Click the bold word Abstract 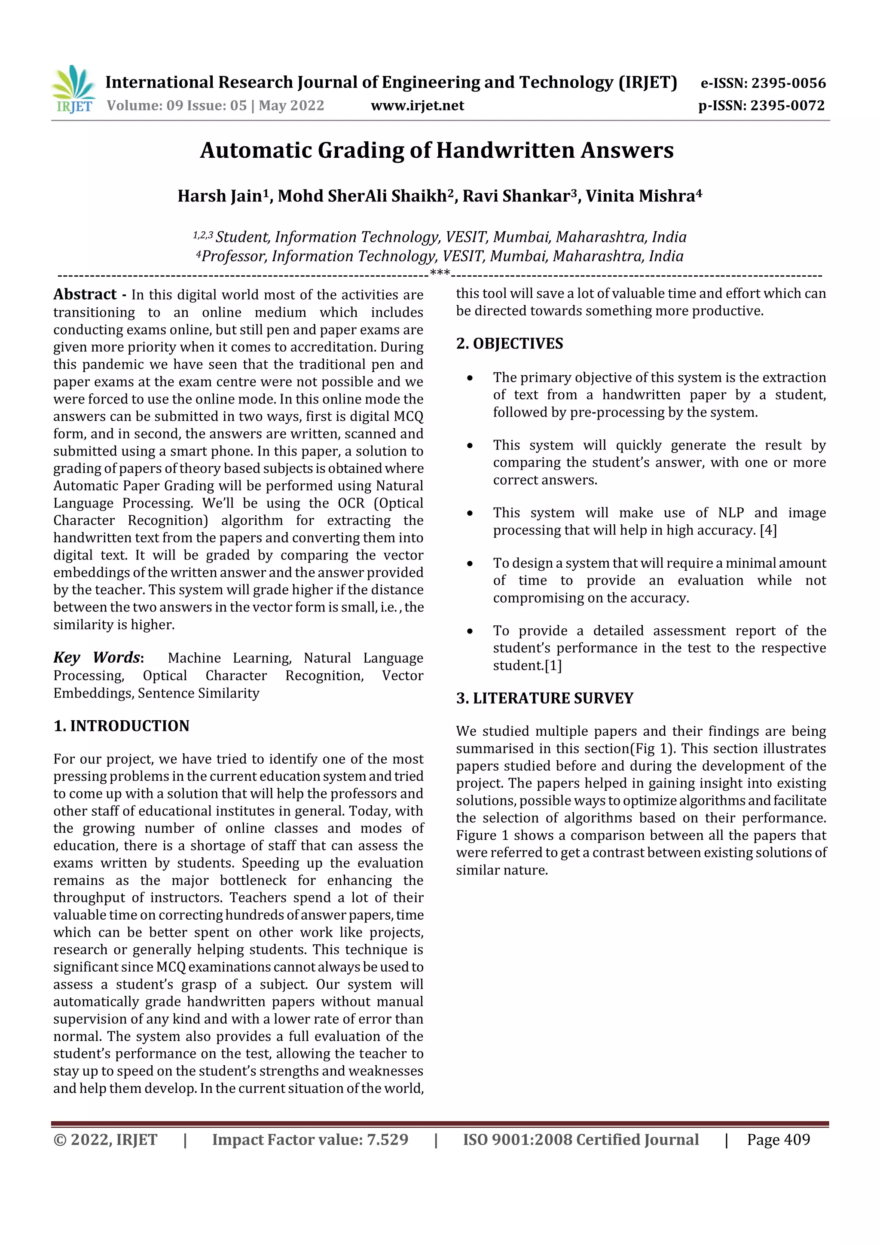pos(85,294)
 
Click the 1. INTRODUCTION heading pos(122,726)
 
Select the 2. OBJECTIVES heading pos(509,344)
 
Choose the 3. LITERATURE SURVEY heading pos(544,698)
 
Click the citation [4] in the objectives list pos(768,530)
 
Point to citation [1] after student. pos(553,666)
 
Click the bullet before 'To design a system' pos(470,564)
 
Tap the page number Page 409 pos(778,1140)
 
